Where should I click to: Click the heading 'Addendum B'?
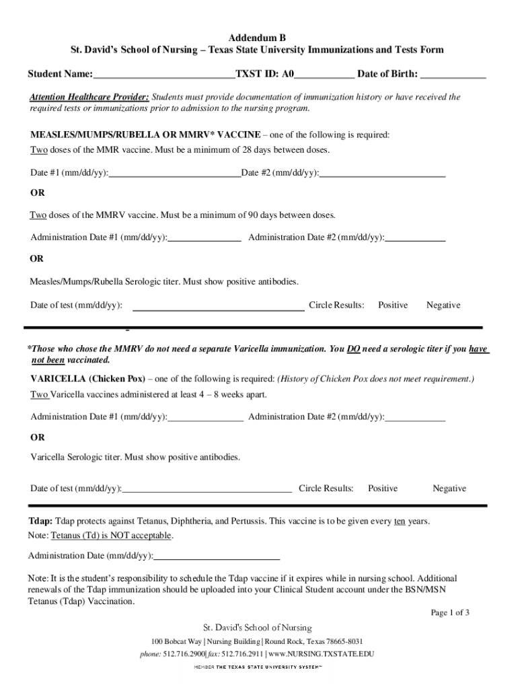[258, 38]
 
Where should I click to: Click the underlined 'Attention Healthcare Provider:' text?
[89, 97]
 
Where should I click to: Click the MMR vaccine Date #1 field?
[174, 173]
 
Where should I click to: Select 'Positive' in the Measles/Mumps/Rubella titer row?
[392, 305]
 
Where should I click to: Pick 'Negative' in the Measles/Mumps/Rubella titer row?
[443, 305]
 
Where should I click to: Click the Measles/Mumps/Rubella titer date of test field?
[219, 307]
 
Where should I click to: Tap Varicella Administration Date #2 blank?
[415, 417]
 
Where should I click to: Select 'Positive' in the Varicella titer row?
[382, 488]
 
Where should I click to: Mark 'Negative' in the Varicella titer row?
[449, 488]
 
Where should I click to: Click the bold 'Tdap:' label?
[40, 521]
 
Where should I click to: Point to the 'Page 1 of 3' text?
[449, 612]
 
